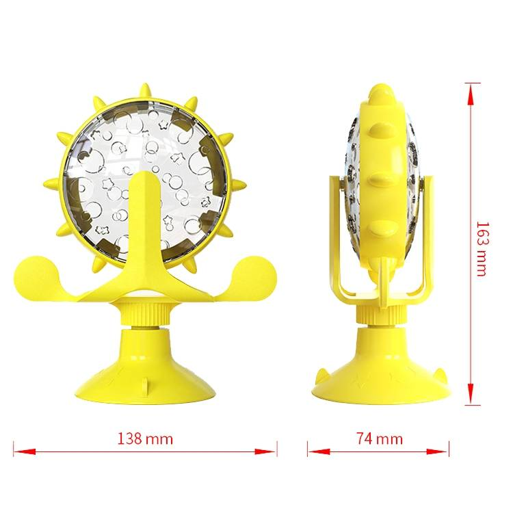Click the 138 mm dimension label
point(145,438)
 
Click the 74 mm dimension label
point(380,438)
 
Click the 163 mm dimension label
point(482,249)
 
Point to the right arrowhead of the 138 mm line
point(265,451)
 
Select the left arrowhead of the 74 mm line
point(319,451)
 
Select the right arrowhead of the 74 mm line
point(438,451)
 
